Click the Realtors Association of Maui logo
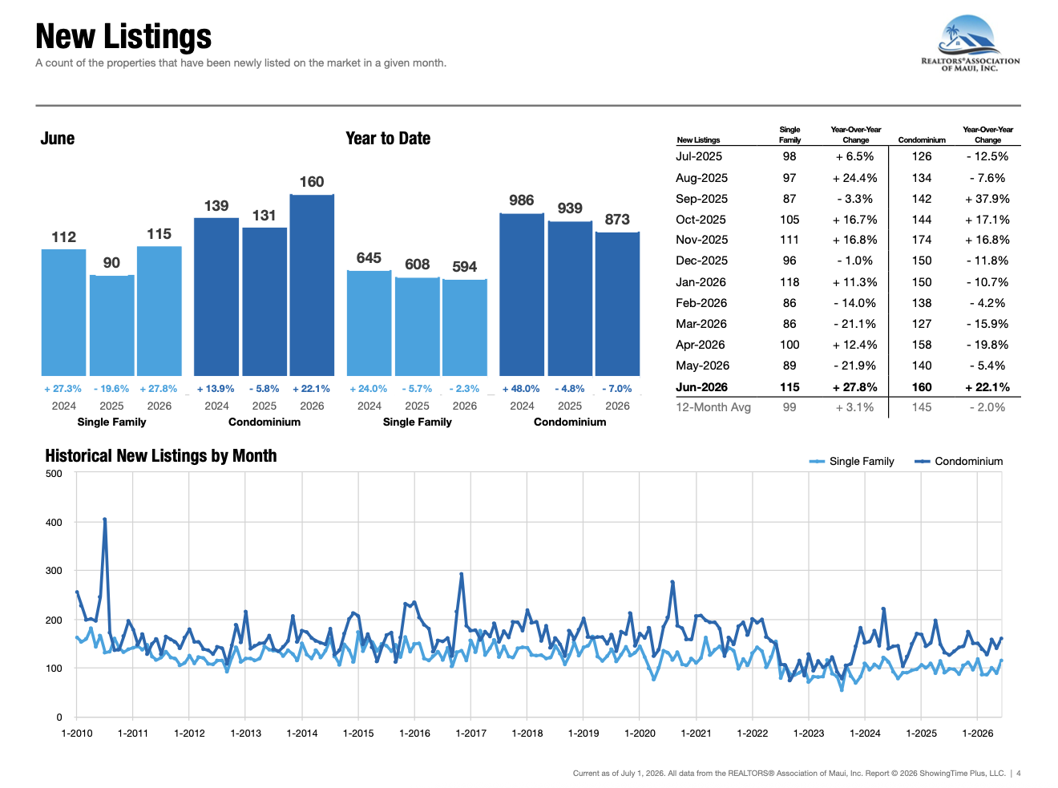point(970,43)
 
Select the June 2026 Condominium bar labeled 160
point(312,285)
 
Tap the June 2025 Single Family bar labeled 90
point(111,325)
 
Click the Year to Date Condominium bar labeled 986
point(521,294)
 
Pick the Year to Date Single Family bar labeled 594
point(465,327)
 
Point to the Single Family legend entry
point(851,461)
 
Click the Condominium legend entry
point(959,461)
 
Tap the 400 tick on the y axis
point(54,522)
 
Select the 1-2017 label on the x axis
point(470,733)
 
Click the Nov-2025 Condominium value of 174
point(922,240)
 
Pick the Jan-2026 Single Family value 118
point(789,282)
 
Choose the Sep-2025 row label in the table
point(701,199)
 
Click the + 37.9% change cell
point(987,199)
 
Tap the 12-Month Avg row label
point(713,407)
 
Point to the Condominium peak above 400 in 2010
point(104,519)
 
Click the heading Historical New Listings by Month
point(161,456)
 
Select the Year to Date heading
point(388,139)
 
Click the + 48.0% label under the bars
point(521,389)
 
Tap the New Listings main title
point(123,36)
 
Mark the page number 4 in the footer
point(1019,774)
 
